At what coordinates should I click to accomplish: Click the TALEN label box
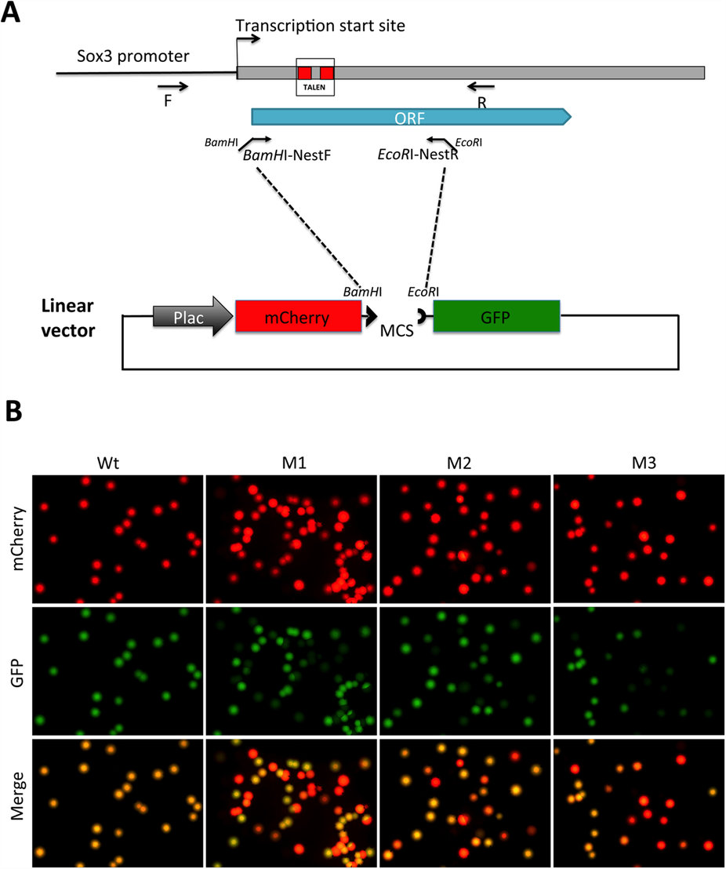click(315, 77)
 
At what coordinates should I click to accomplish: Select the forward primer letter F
click(168, 100)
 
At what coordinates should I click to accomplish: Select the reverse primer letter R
click(482, 101)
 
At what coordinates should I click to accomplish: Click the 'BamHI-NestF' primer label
click(287, 155)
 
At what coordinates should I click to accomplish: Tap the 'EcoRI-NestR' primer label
click(417, 155)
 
